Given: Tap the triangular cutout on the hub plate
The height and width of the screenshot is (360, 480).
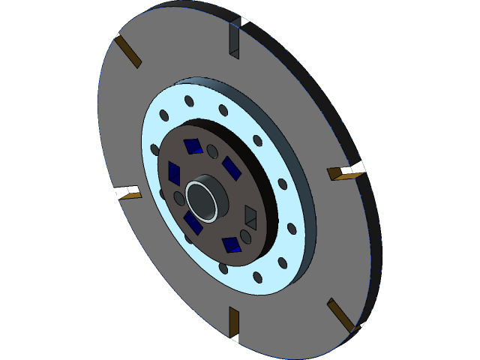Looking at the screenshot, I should pos(251,217).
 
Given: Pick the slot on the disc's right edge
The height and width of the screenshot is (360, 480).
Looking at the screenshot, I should pos(345,174).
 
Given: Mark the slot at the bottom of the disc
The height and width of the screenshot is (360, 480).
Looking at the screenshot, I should pos(233,323).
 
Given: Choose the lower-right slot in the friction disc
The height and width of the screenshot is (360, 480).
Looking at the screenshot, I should pos(340,314).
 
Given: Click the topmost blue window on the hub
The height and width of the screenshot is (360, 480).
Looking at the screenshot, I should pos(194,145).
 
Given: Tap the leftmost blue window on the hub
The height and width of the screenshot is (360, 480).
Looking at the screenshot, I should pos(175,172).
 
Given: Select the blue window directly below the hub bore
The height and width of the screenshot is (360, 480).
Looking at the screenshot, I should pos(193,223).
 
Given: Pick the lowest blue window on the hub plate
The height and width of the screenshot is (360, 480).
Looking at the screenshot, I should pos(232,244).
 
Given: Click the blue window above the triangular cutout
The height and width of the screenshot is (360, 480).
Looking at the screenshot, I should pos(230,167).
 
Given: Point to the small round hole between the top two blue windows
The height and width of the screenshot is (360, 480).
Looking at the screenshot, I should pos(212,150).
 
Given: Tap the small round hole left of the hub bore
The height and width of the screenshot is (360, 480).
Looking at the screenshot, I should pos(178,197).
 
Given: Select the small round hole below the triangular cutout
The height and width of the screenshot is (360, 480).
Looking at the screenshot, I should pos(245,238).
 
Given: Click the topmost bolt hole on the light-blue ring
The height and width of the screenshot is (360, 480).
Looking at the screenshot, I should pos(187,101).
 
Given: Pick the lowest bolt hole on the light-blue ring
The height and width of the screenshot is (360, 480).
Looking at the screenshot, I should pos(257,278).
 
